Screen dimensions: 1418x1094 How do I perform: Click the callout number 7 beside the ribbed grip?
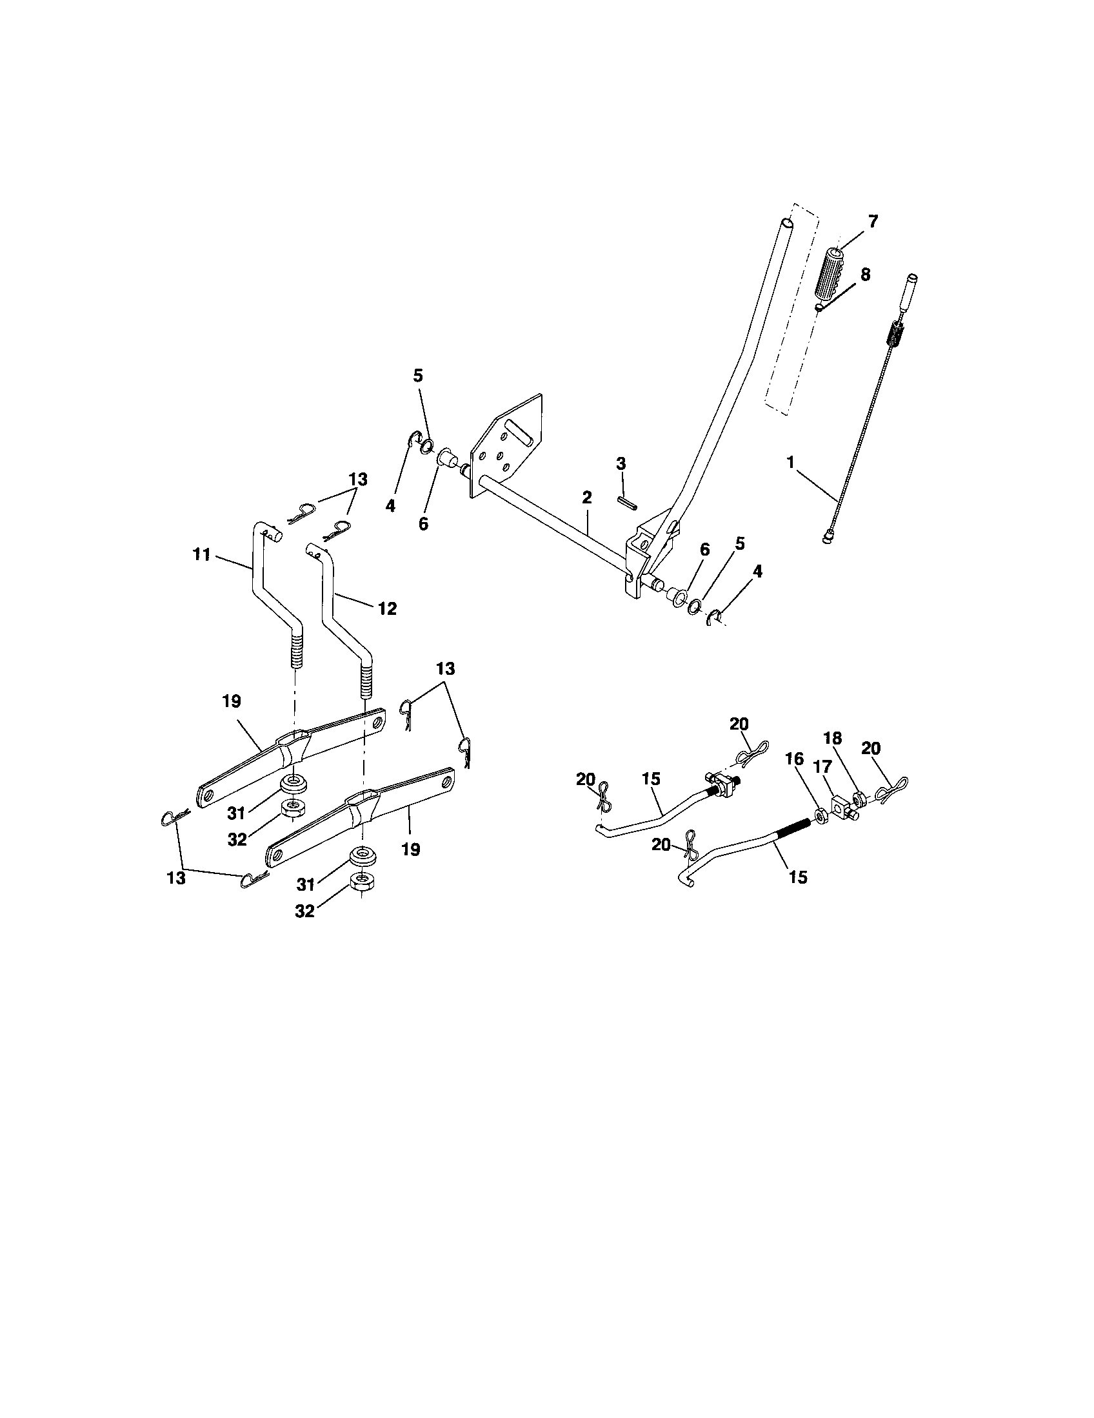click(x=873, y=222)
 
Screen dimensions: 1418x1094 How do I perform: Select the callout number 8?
click(x=865, y=275)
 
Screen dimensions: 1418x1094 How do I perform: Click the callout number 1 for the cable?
click(x=790, y=463)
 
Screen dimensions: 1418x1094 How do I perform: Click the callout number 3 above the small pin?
click(x=621, y=463)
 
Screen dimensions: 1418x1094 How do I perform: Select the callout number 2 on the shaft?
click(x=586, y=498)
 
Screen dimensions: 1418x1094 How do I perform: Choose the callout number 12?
click(x=387, y=609)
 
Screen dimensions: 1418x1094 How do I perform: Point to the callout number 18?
click(x=833, y=739)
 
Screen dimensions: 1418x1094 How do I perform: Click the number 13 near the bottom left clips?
click(x=176, y=878)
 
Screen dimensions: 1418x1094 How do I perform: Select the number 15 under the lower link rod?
click(x=798, y=877)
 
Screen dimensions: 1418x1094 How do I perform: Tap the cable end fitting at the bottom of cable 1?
click(x=829, y=537)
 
